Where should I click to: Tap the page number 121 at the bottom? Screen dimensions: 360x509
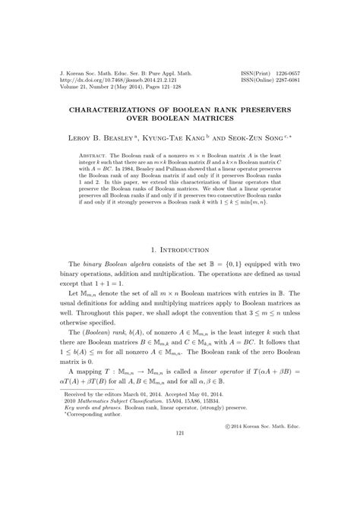[179, 476]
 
